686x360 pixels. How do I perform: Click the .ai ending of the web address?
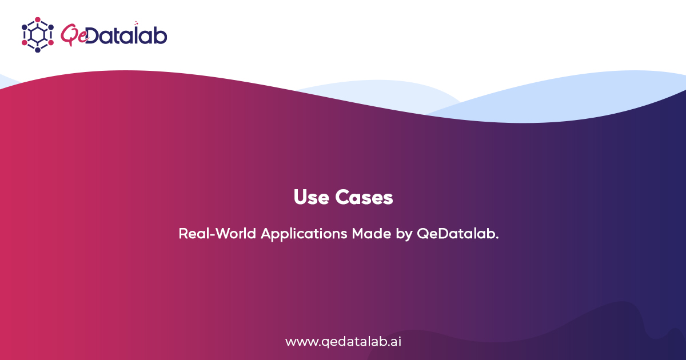click(x=393, y=342)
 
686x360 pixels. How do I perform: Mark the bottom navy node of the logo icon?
click(x=38, y=50)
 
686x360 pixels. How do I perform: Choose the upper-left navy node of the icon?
click(x=25, y=27)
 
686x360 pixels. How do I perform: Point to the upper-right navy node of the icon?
click(x=51, y=27)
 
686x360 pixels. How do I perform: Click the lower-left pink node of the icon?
click(x=25, y=43)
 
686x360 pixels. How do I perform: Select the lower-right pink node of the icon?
click(x=51, y=43)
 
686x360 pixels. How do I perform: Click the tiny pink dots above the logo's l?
click(x=136, y=23)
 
